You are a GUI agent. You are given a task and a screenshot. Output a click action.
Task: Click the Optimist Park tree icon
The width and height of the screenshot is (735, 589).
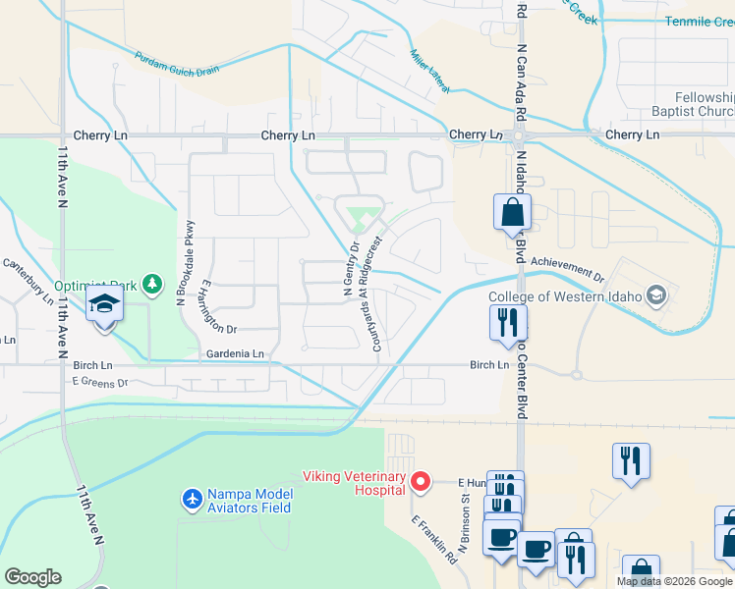tap(151, 285)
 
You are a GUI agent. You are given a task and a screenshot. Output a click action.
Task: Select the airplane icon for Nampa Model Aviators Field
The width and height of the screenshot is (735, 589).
tap(193, 499)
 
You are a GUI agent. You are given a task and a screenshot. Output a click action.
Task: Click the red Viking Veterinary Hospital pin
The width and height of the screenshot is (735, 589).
tap(421, 480)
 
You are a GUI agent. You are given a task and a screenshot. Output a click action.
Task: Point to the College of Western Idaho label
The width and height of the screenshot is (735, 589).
tap(567, 296)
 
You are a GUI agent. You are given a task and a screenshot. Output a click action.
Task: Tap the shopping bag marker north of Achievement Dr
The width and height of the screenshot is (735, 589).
tap(512, 212)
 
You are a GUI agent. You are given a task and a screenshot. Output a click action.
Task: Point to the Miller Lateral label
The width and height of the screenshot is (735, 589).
tap(429, 73)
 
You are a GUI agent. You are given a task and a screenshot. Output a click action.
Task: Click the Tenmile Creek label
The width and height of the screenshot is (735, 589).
tap(699, 21)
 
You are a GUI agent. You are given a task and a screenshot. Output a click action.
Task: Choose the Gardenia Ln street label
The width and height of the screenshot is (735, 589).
tap(235, 353)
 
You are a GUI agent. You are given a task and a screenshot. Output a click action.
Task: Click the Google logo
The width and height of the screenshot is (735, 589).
tap(32, 577)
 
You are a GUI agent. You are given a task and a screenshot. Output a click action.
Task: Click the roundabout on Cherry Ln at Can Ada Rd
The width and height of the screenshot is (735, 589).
tap(518, 135)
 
